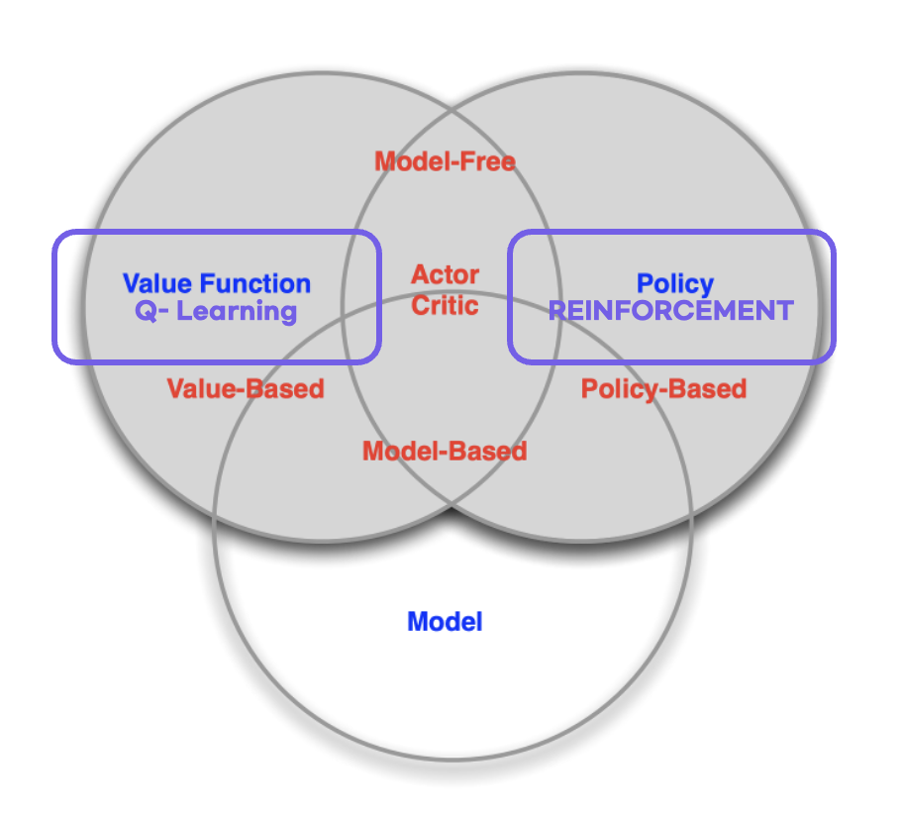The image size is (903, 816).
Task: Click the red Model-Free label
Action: coord(445,160)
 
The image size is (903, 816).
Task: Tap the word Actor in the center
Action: coord(446,274)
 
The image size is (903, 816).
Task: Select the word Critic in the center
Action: coord(446,305)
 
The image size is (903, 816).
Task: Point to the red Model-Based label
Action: coord(445,452)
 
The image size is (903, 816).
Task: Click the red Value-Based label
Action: coord(246,388)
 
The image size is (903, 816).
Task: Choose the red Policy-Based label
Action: coord(663,388)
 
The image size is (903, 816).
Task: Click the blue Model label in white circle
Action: coord(445,622)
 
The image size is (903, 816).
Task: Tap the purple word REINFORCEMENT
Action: coord(671,311)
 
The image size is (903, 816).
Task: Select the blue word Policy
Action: coord(675,284)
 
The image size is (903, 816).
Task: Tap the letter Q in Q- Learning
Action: coord(144,312)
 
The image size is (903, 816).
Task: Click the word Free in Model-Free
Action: coord(490,160)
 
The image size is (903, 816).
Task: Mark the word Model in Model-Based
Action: coord(399,452)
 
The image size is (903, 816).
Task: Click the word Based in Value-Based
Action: coord(285,388)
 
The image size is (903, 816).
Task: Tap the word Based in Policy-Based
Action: coord(707,388)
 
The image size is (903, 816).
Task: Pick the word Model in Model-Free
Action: coord(411,160)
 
